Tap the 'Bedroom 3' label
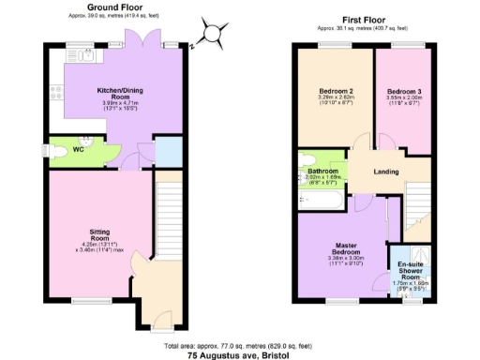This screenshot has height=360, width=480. (x=405, y=91)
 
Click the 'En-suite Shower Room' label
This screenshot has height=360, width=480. (x=410, y=267)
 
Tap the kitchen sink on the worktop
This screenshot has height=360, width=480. (x=86, y=56)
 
